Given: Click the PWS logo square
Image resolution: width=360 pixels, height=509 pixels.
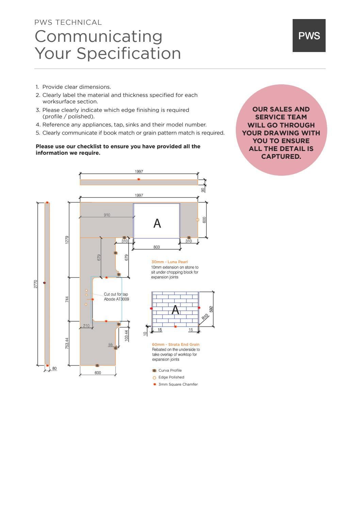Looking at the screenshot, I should coord(309,35).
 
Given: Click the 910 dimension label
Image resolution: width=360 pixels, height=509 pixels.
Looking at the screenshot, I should coord(107,215).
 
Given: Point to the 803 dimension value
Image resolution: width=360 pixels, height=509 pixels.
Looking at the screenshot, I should coord(157,247).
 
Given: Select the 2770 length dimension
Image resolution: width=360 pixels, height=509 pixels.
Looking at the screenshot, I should coord(35,284).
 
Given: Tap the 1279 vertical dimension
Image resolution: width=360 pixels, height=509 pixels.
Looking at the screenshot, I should coord(67,240).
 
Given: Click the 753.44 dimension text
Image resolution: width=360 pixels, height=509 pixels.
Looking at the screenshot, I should coord(67,343).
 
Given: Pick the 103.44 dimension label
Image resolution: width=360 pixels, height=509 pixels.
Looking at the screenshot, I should coord(127,336).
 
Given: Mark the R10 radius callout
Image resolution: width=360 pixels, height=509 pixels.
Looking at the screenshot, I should coord(205,318).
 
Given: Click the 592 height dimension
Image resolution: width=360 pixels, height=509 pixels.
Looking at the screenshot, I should coord(211,309).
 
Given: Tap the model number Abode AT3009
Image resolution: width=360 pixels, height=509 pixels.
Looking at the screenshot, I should coord(116,299).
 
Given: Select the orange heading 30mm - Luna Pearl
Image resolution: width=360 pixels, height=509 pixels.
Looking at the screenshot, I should coord(169,262).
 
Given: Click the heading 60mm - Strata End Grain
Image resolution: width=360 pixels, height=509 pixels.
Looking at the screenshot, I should coord(176,344).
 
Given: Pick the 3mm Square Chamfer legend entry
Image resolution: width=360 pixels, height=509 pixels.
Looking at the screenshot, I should coord(178,384).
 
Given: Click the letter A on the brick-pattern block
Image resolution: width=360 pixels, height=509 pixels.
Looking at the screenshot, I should coord(175,310).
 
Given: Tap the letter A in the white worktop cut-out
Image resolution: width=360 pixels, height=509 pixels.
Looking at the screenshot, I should coord(157,223).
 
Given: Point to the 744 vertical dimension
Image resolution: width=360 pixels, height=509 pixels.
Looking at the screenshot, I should coord(67,299).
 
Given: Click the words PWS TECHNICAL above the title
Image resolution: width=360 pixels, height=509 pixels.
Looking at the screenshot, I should coord(68,22).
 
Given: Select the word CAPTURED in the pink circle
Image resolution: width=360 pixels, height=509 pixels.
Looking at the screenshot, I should coord(281,156).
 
